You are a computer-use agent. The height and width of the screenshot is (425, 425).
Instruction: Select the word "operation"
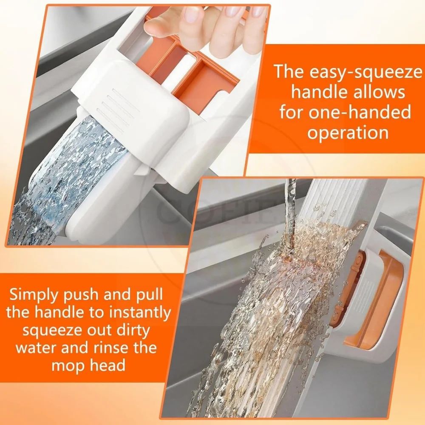click(x=348, y=133)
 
